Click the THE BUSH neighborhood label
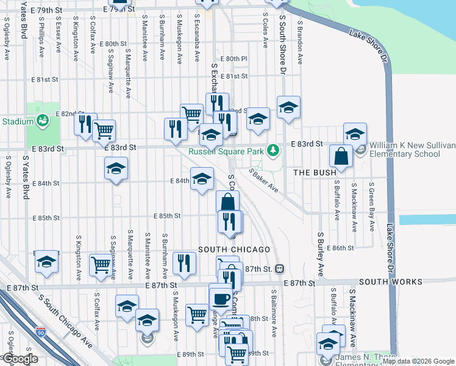pos(315,173)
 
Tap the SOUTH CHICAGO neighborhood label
pos(234,249)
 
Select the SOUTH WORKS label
pos(390,282)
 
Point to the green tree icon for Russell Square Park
pos(274,149)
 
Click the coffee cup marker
pos(220,298)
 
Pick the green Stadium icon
pos(41,121)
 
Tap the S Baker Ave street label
pos(263,181)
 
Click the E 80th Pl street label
pos(235,59)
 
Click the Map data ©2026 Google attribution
pos(418,361)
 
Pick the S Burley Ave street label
pos(320,253)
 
